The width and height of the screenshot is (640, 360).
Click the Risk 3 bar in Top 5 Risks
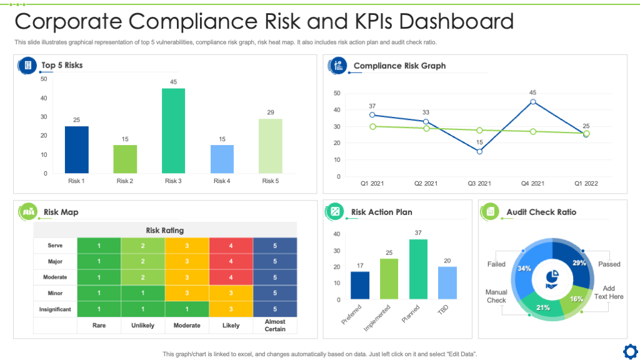(173, 131)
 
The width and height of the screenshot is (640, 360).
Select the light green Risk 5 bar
(270, 146)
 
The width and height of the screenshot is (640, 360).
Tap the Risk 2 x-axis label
(124, 181)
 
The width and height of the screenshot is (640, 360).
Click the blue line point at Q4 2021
(532, 102)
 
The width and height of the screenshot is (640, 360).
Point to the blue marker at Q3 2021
(479, 151)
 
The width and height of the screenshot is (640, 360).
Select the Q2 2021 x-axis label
(426, 184)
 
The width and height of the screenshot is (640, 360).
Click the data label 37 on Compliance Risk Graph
(372, 106)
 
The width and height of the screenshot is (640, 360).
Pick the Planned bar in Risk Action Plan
(418, 269)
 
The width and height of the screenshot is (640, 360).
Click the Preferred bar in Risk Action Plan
(360, 285)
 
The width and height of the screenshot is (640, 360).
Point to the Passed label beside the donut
(609, 264)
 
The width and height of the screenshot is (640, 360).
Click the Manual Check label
(496, 296)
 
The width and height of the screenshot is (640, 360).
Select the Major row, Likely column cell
(231, 261)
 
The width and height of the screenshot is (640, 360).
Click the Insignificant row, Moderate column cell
(187, 309)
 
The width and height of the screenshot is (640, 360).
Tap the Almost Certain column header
(275, 326)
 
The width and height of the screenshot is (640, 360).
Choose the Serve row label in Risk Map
(55, 246)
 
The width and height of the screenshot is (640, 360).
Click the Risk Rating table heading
(165, 230)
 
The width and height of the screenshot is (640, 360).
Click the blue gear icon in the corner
(629, 349)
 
